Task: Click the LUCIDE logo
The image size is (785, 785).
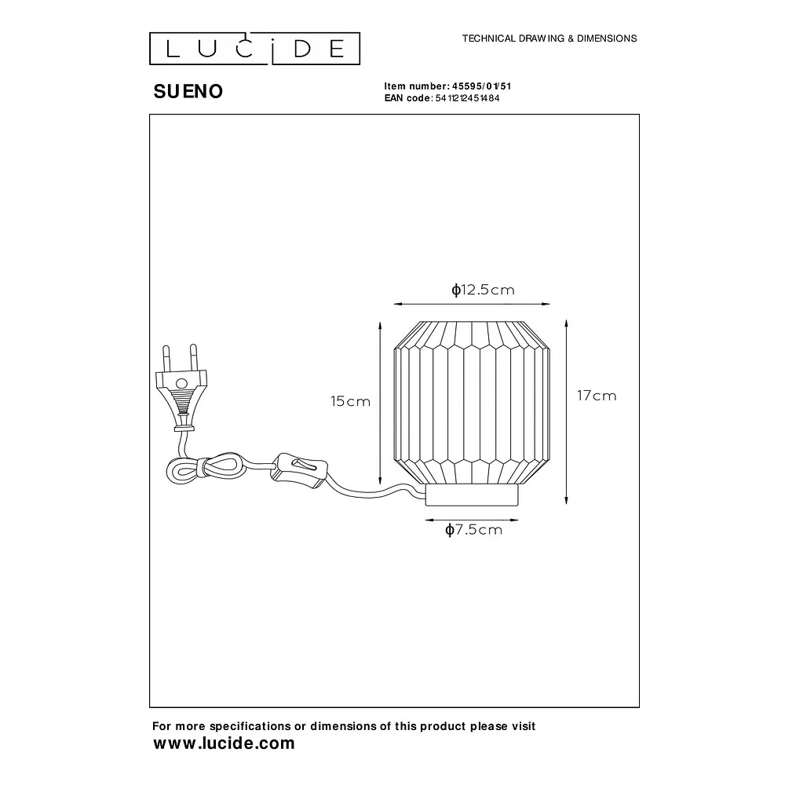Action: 255,49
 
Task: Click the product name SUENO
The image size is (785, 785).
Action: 188,92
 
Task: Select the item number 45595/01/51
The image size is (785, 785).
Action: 482,86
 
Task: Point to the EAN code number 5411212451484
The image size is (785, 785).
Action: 467,98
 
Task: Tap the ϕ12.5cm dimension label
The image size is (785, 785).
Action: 483,290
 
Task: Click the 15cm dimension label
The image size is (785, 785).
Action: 350,401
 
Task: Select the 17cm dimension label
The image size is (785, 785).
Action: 597,396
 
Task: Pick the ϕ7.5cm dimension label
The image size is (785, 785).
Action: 473,530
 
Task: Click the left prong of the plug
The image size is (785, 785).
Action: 166,359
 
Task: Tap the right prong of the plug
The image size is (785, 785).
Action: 193,358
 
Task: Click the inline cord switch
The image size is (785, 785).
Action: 299,470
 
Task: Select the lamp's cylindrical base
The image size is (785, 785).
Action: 472,495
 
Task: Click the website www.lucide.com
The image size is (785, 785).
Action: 224,743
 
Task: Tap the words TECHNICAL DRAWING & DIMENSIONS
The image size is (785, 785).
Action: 549,38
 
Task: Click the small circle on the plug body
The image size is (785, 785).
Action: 182,384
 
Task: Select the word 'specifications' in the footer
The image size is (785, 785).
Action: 250,726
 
